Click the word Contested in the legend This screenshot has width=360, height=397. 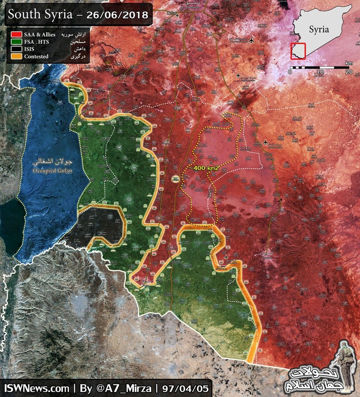coord(37,57)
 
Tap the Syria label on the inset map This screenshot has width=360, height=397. coord(319,30)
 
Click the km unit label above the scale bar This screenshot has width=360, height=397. coord(349,63)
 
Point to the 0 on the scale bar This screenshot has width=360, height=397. coord(290,72)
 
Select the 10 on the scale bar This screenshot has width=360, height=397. coord(319,72)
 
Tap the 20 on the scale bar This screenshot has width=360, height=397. coord(348,72)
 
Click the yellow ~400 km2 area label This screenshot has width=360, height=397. coord(205,167)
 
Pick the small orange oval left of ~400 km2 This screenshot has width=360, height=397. coord(175,179)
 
